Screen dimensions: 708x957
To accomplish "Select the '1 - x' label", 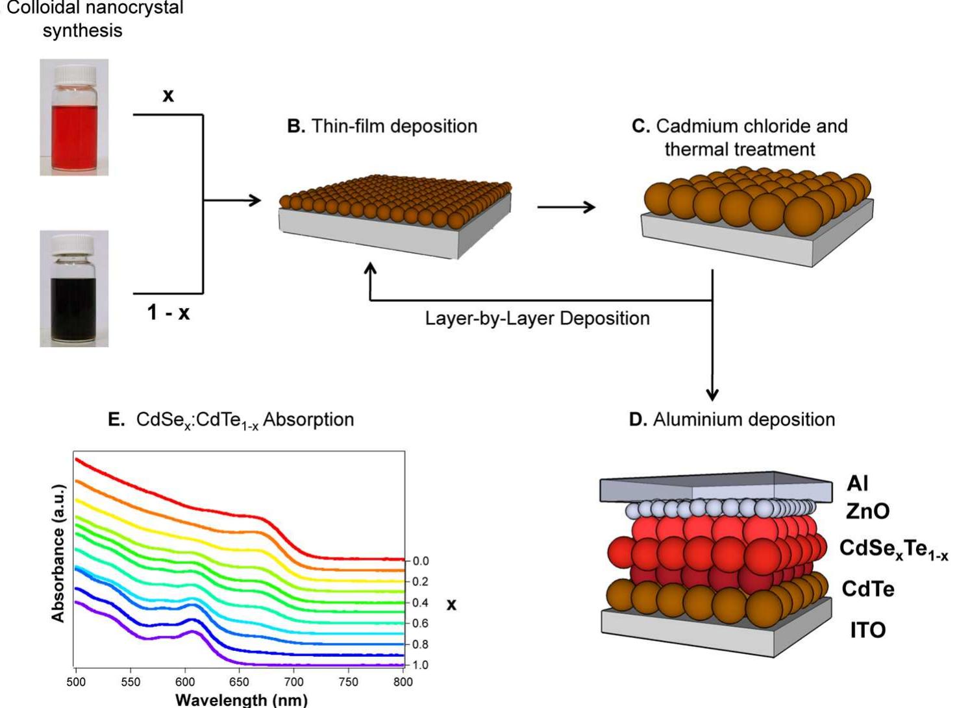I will [x=168, y=313].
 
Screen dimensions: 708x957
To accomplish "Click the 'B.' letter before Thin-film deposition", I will [x=296, y=126].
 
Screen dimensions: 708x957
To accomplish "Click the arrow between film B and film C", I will [x=566, y=207].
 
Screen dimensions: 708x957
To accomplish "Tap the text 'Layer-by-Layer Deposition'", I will [x=537, y=319].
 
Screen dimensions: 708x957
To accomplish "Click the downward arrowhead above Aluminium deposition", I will [x=712, y=394].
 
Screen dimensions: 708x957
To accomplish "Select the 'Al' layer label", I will [x=857, y=483].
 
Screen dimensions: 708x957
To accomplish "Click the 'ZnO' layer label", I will [x=867, y=511].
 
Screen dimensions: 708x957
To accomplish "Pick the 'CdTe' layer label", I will [x=867, y=589].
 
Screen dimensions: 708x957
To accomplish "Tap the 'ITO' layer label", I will [x=867, y=630].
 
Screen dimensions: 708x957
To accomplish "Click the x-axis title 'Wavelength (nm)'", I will [x=241, y=700].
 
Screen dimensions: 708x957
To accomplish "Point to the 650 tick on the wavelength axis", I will [x=239, y=682].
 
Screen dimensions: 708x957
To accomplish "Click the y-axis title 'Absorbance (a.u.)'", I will [x=59, y=553].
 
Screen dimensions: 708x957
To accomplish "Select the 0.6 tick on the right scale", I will [x=420, y=624].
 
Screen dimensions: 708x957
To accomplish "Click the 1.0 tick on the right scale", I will [x=420, y=665].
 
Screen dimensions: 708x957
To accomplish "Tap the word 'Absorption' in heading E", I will [x=308, y=420].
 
